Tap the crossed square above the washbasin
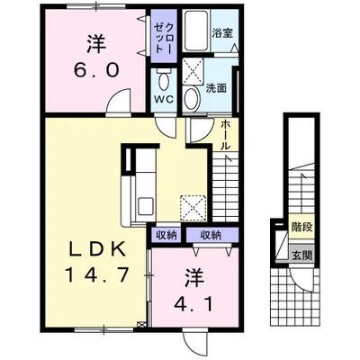(x=192, y=69)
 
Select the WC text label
(x=163, y=98)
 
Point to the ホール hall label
(x=225, y=135)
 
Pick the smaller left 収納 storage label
(x=165, y=235)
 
